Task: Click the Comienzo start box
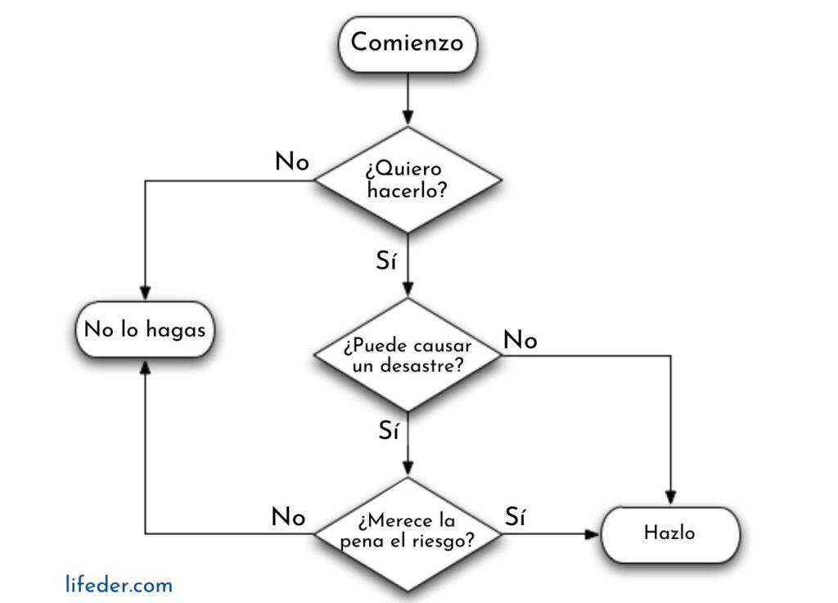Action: pyautogui.click(x=407, y=43)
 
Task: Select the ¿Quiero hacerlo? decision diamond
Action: pyautogui.click(x=407, y=179)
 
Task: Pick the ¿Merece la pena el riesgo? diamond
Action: pyautogui.click(x=407, y=533)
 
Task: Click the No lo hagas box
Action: pyautogui.click(x=145, y=330)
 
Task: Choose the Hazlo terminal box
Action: pyautogui.click(x=670, y=533)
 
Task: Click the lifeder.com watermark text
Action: pyautogui.click(x=119, y=585)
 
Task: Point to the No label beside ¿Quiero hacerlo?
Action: pyautogui.click(x=292, y=162)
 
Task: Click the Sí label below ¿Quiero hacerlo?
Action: pyautogui.click(x=385, y=262)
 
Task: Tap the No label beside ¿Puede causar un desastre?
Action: pyautogui.click(x=520, y=340)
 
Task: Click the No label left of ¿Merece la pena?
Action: pyautogui.click(x=289, y=517)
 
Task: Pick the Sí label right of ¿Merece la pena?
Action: pyautogui.click(x=516, y=517)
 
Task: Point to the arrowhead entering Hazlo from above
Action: pyautogui.click(x=670, y=498)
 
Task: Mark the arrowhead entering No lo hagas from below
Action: pyautogui.click(x=145, y=366)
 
